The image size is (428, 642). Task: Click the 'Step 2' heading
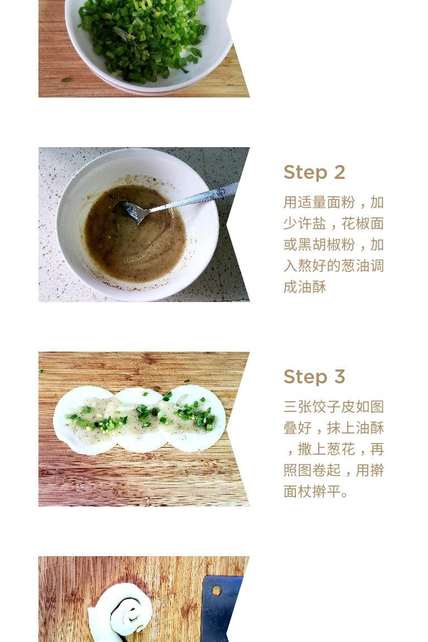[x=314, y=172]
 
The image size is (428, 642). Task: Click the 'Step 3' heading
[x=314, y=377]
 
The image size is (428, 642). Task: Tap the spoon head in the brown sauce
[x=130, y=211]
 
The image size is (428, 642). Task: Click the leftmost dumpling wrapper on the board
[x=84, y=421]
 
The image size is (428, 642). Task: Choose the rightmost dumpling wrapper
[x=192, y=419]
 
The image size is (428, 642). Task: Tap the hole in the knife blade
[x=217, y=591]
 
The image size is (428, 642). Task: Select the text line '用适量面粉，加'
[x=333, y=202]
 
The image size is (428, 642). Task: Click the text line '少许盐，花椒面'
[x=333, y=223]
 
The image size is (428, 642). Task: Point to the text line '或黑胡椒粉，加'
[x=333, y=245]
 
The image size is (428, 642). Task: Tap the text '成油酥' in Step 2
[x=305, y=287]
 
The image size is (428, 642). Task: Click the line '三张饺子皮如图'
[x=333, y=407]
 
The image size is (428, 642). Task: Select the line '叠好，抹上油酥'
[x=333, y=428]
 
